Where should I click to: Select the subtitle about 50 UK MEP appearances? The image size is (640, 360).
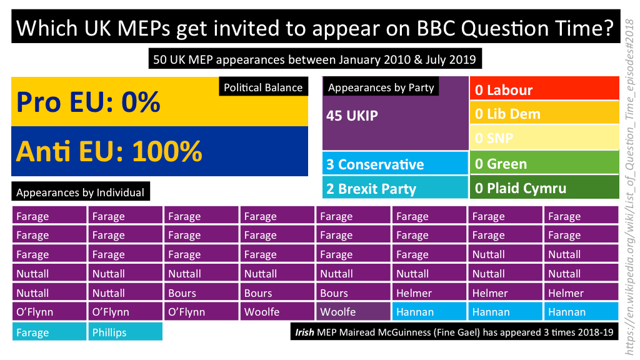(315, 60)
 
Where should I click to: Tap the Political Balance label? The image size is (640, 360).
(263, 87)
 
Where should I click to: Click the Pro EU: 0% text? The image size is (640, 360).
(88, 102)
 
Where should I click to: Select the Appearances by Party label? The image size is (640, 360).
(381, 87)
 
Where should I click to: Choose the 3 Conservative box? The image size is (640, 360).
(395, 164)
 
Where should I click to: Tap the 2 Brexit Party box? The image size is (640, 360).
(395, 188)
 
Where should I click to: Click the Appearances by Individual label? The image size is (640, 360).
(80, 192)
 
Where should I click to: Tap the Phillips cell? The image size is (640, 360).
(125, 332)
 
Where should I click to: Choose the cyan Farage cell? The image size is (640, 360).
(49, 332)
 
